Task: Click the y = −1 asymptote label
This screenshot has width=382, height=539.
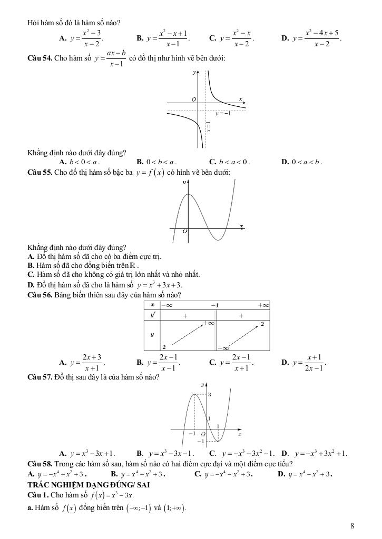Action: pyautogui.click(x=223, y=113)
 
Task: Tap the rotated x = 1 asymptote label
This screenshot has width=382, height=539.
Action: pyautogui.click(x=209, y=127)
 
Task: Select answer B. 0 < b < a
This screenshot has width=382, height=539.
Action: pyautogui.click(x=156, y=162)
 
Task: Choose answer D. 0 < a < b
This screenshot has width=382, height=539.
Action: pyautogui.click(x=301, y=162)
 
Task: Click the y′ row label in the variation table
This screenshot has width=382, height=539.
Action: pyautogui.click(x=153, y=315)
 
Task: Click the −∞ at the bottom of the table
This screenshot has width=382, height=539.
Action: pyautogui.click(x=224, y=347)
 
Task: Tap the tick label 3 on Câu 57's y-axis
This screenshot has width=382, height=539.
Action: pyautogui.click(x=209, y=394)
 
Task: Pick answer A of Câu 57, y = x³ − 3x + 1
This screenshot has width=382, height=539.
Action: pyautogui.click(x=87, y=453)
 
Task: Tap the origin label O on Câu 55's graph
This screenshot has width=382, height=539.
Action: pyautogui.click(x=184, y=231)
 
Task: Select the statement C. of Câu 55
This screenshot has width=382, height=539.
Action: pyautogui.click(x=113, y=274)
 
